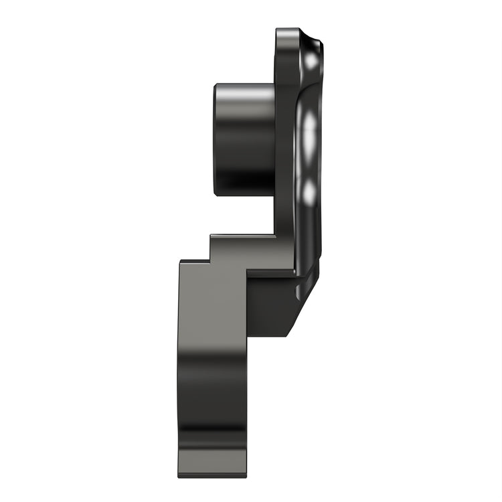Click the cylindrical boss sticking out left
pos(244,139)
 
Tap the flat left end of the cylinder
pos(216,139)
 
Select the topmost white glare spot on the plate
pos(311,61)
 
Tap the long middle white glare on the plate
pos(309,133)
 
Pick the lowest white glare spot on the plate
pos(309,192)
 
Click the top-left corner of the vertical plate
pos(278,31)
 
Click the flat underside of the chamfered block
pos(268,335)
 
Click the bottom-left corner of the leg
pos(179,476)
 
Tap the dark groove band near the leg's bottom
pos(213,435)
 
